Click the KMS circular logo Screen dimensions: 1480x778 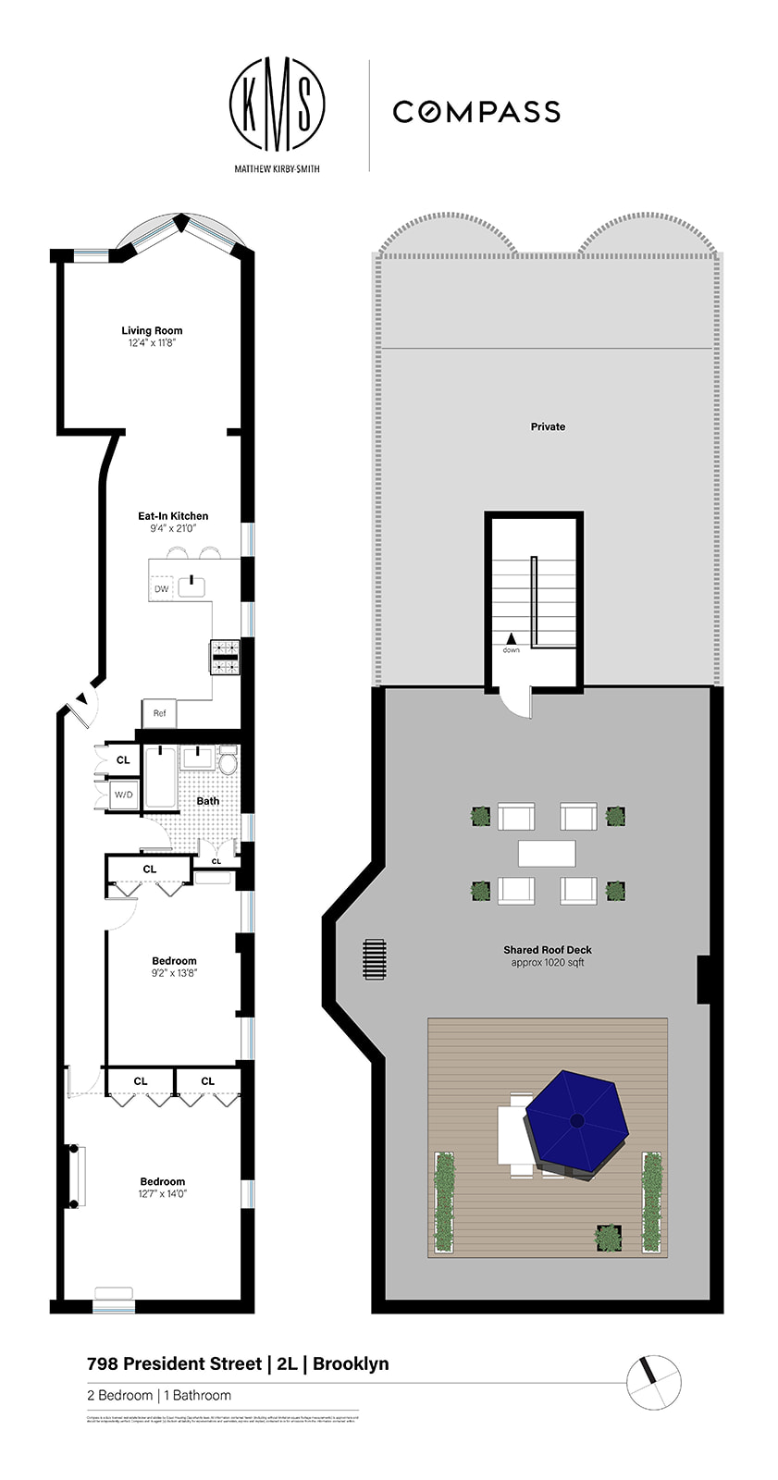(277, 105)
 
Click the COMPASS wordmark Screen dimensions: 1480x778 (476, 112)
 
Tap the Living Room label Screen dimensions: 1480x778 (152, 330)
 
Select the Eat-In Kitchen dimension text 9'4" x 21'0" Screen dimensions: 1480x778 (173, 528)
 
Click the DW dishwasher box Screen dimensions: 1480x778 (162, 588)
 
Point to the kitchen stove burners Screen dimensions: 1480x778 (224, 657)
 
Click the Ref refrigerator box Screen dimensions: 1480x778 (159, 713)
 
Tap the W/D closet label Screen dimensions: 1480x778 (123, 795)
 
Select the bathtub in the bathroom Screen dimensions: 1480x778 (160, 777)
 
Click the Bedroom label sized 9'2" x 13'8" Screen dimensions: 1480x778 (174, 961)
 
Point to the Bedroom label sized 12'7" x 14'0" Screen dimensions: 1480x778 (162, 1181)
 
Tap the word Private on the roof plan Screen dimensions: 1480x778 (548, 426)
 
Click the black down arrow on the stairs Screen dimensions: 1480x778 (511, 638)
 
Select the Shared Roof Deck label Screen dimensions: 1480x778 (548, 950)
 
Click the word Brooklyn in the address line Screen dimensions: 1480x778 (351, 1363)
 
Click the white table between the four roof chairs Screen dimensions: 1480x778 (547, 853)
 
